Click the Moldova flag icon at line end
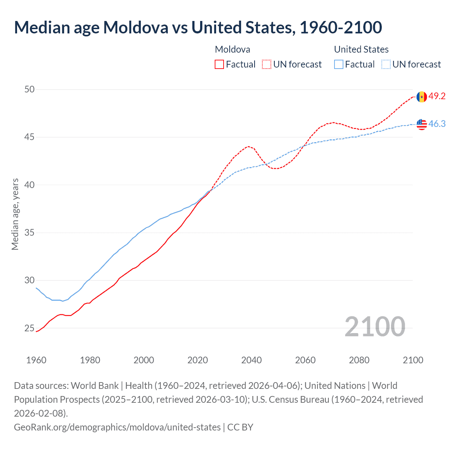[422, 97]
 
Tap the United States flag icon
[422, 124]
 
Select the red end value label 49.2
[437, 96]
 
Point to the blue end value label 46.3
[437, 124]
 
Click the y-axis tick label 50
[30, 89]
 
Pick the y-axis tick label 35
[30, 233]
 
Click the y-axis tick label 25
[30, 328]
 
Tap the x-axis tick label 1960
[36, 360]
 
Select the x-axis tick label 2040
[251, 360]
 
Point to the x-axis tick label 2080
[359, 360]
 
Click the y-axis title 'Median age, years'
[15, 214]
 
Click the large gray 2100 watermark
[375, 327]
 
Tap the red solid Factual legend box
[219, 64]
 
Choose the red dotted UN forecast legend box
[267, 64]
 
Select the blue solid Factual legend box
[339, 64]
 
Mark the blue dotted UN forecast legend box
[386, 64]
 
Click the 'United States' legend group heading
[361, 49]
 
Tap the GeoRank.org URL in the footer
[117, 427]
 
